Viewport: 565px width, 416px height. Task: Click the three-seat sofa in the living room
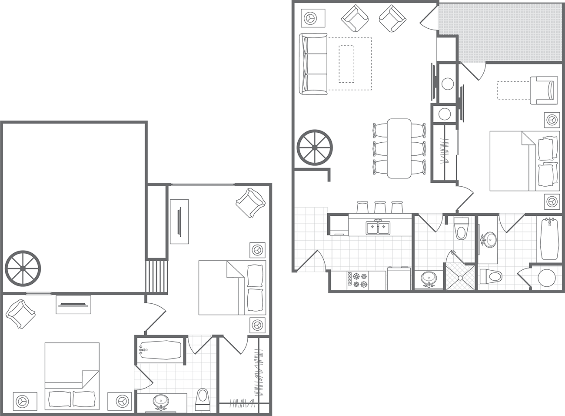pos(313,64)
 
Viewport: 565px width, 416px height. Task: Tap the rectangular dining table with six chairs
pos(399,148)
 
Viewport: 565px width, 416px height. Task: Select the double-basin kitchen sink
pos(378,227)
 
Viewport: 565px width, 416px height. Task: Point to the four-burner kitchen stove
pos(357,280)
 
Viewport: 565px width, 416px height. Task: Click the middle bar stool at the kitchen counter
pos(380,207)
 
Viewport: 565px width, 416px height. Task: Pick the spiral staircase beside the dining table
pos(315,147)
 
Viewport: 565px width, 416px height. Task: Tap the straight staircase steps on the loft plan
pos(156,276)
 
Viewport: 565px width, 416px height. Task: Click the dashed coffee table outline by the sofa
pos(346,64)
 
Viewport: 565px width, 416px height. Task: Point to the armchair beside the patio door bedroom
pos(544,90)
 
